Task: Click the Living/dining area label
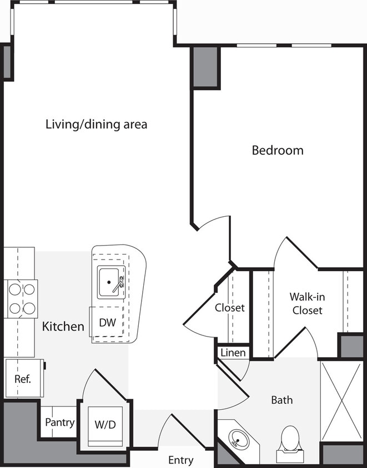(96, 124)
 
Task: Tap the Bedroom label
(278, 150)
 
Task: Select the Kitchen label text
(63, 327)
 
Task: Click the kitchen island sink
(110, 282)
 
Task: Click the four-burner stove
(21, 299)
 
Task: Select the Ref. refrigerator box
(23, 379)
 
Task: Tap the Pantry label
(59, 423)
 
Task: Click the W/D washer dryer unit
(105, 426)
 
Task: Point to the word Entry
(180, 460)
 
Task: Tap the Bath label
(281, 400)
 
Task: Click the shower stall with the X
(342, 400)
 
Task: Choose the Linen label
(233, 353)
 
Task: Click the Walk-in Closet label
(306, 304)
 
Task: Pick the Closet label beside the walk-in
(230, 308)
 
